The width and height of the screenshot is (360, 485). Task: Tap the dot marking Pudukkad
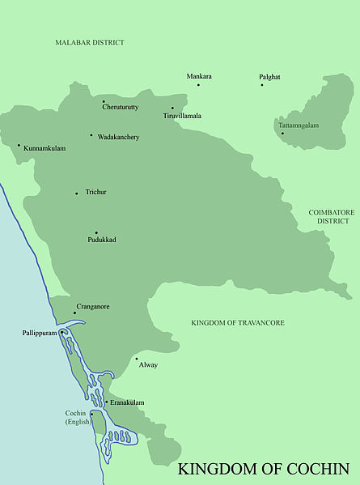(96, 232)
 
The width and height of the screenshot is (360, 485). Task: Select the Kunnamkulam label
(44, 149)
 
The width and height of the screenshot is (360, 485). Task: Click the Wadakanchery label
(118, 137)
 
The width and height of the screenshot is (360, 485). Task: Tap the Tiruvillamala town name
(182, 116)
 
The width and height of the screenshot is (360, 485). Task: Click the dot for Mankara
(198, 83)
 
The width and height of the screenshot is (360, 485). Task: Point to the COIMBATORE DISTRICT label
(331, 216)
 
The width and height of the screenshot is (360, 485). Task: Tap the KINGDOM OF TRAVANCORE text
(238, 323)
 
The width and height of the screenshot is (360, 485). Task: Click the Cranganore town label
(93, 307)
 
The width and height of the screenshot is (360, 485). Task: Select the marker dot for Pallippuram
(61, 332)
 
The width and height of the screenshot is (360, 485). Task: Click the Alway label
(148, 365)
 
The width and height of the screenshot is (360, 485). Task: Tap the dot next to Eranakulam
(105, 402)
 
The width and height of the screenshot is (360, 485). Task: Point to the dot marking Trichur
(77, 194)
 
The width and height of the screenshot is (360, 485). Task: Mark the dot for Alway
(136, 359)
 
